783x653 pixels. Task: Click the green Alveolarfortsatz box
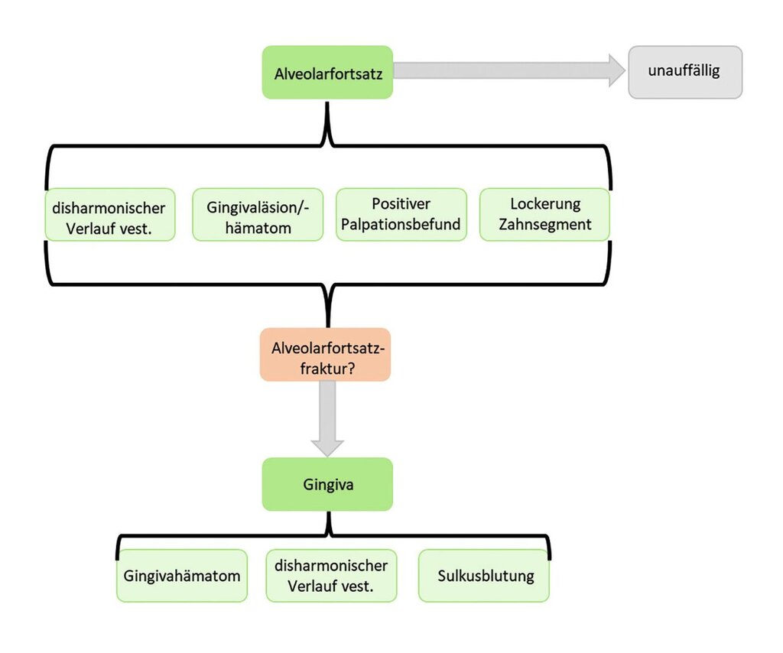(327, 73)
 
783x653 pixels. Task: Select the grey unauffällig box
(685, 73)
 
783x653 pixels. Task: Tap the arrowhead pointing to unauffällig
(617, 70)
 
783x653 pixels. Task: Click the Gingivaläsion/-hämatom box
(258, 215)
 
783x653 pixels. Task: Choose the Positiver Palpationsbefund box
(401, 215)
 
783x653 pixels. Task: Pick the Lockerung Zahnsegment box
(544, 215)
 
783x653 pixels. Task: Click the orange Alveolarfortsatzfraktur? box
(326, 355)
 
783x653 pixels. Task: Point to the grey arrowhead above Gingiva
(327, 448)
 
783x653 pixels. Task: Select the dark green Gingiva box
(327, 484)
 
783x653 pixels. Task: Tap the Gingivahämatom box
(182, 576)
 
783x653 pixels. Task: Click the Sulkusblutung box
(484, 576)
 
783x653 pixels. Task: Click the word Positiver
(401, 203)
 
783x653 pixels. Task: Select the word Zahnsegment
(544, 225)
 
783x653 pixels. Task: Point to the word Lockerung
(545, 204)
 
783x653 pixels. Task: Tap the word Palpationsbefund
(401, 225)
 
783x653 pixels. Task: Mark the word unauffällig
(684, 70)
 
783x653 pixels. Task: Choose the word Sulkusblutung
(486, 576)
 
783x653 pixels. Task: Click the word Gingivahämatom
(182, 576)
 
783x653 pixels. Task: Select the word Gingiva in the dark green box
(328, 485)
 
